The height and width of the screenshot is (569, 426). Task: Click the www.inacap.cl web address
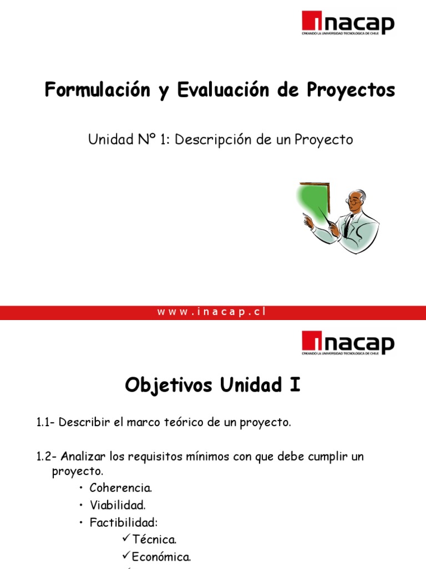(x=212, y=312)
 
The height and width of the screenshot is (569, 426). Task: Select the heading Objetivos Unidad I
(x=212, y=385)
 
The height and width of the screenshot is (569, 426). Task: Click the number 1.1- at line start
(x=45, y=423)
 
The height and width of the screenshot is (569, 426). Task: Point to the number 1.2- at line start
(x=47, y=457)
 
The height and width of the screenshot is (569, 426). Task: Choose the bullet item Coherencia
(x=120, y=488)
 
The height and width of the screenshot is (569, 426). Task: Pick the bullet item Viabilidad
(x=119, y=506)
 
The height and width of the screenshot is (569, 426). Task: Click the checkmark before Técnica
(x=124, y=540)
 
